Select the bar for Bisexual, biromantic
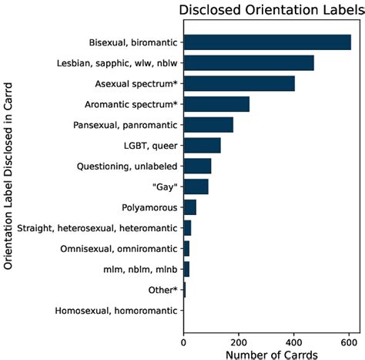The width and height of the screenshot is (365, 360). click(x=267, y=42)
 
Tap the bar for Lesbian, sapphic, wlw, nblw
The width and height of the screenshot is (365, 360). click(x=249, y=62)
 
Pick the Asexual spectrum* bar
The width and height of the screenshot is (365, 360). click(x=239, y=83)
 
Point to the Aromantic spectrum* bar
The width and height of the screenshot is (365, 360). click(x=216, y=104)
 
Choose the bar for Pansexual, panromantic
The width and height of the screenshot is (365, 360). click(x=208, y=125)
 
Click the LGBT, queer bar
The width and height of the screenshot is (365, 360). click(x=202, y=145)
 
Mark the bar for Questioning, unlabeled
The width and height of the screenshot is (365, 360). click(x=197, y=166)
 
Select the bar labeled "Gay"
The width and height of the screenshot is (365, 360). click(x=196, y=187)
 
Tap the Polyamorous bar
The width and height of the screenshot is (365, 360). click(x=189, y=207)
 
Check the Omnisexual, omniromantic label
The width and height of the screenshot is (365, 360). click(x=119, y=249)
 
